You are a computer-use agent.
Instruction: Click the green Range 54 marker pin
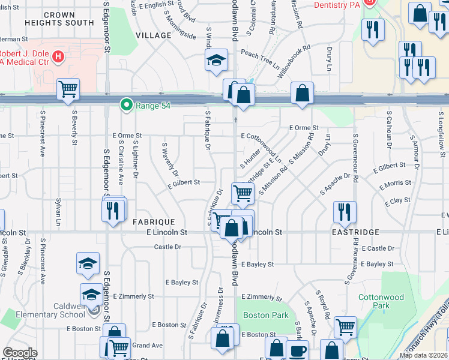click(x=126, y=105)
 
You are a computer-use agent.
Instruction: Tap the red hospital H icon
click(x=58, y=58)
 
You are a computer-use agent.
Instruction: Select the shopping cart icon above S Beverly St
click(x=68, y=89)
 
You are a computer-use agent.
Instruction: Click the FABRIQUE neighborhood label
click(x=154, y=221)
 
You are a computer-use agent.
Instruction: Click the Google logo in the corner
click(x=20, y=353)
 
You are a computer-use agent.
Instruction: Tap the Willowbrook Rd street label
click(x=294, y=62)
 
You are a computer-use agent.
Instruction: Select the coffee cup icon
click(x=298, y=350)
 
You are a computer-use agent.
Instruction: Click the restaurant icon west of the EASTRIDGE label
click(x=345, y=211)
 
